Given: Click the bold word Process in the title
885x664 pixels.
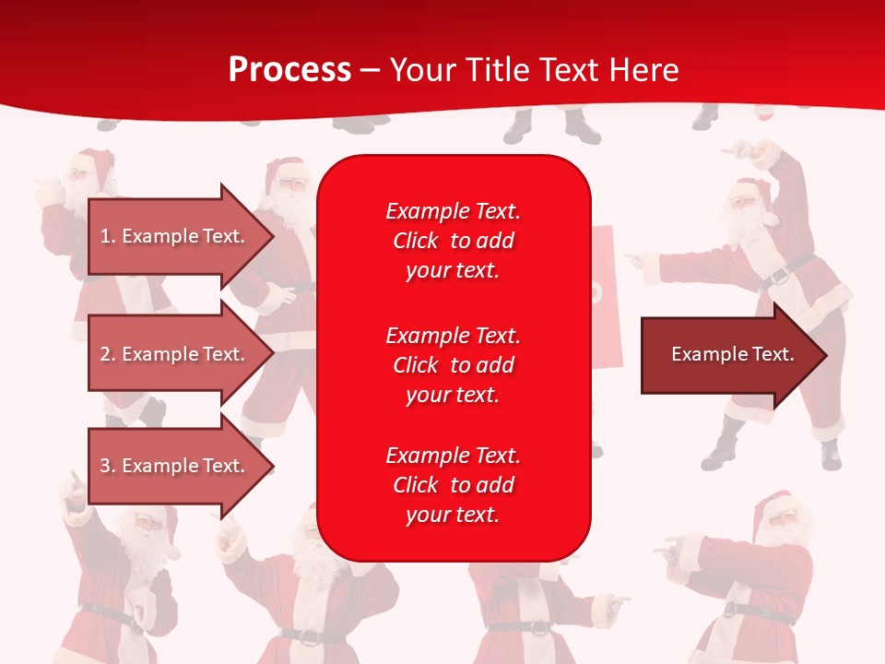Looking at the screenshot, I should [x=289, y=70].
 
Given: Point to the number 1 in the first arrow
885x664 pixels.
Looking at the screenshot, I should [x=105, y=236].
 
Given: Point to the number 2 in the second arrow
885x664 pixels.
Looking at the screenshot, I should [x=105, y=354].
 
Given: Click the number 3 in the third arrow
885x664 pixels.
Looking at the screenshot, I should [x=105, y=466].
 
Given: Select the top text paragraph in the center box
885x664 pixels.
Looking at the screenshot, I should [x=453, y=241].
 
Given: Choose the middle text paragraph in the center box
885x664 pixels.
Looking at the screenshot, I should [x=453, y=364].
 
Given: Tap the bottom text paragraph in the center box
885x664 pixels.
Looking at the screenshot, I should [x=453, y=485].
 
